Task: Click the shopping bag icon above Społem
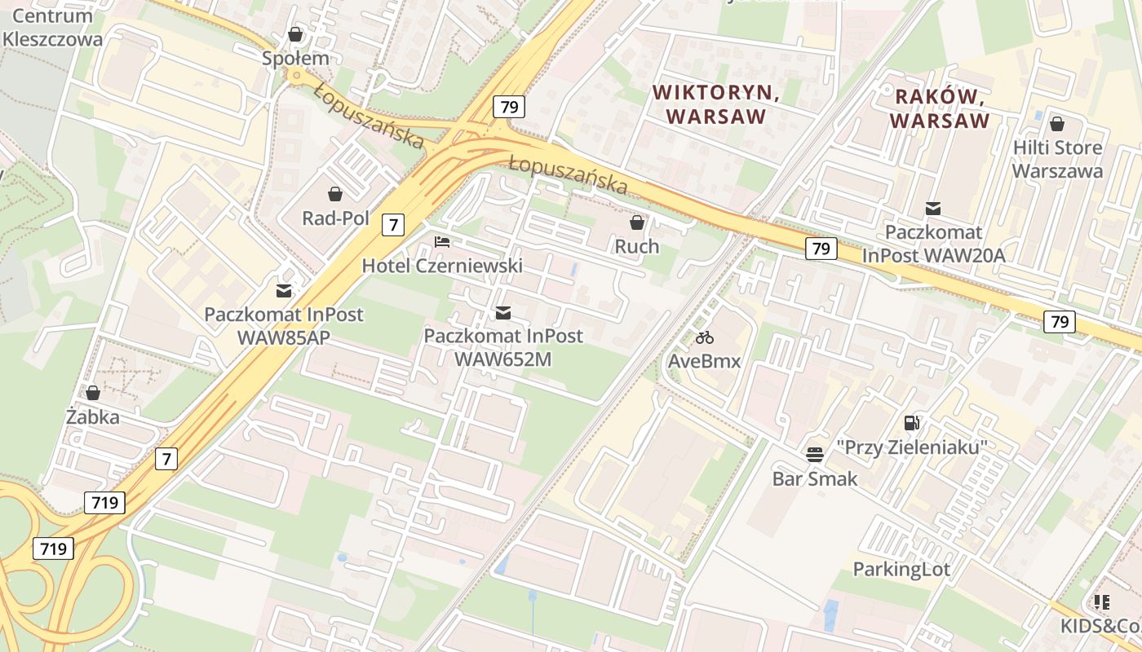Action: point(295,34)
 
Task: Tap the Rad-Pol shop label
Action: point(335,218)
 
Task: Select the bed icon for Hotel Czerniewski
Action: point(442,242)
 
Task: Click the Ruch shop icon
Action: point(637,222)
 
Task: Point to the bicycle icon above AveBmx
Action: point(705,337)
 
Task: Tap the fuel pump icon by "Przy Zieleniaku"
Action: point(911,422)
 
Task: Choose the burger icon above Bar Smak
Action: point(815,454)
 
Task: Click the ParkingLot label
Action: point(901,569)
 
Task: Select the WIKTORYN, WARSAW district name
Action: point(716,105)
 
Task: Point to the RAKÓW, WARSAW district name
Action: point(941,108)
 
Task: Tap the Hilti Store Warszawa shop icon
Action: point(1057,124)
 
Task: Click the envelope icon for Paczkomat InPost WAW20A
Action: point(933,209)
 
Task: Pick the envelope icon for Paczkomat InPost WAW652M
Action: point(503,312)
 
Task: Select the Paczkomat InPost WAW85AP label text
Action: point(284,325)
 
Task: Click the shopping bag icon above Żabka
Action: point(93,393)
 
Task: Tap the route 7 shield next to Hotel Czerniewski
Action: point(393,224)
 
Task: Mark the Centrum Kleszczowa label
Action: point(52,27)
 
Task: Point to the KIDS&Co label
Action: point(1100,626)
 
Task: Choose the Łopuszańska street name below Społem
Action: point(369,116)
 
